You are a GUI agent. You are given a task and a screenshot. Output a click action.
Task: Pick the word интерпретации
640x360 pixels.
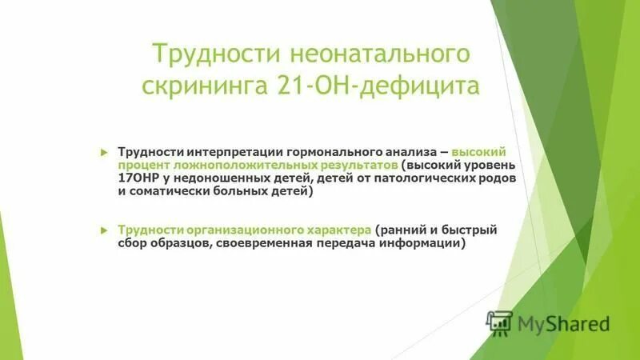(x=236, y=152)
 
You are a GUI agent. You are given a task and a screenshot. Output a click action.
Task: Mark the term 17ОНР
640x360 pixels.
(x=138, y=179)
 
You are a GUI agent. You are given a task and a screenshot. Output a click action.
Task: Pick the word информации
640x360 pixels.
(x=424, y=243)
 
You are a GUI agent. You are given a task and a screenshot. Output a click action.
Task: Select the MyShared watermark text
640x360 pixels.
(x=564, y=324)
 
